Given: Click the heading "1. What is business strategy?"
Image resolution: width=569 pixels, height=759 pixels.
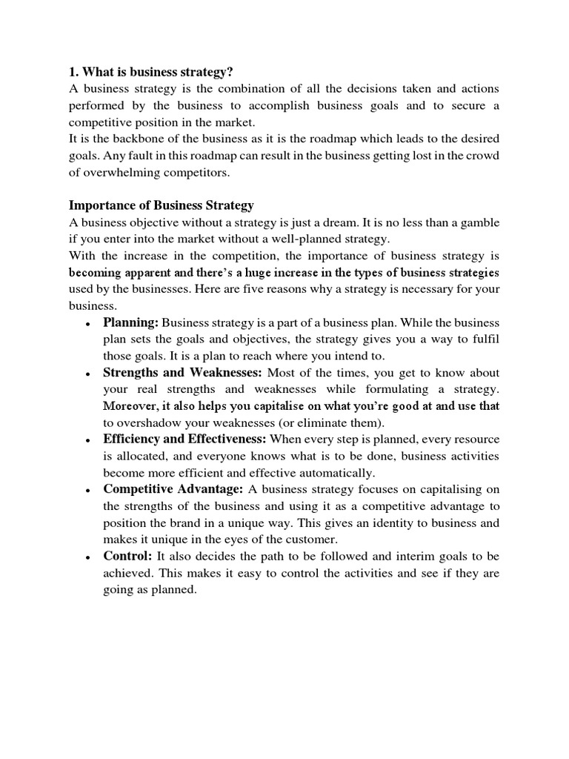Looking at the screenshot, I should pyautogui.click(x=150, y=72).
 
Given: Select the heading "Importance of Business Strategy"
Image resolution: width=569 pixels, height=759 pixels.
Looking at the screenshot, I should pyautogui.click(x=162, y=205).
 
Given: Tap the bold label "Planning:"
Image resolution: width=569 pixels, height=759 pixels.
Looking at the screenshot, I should pyautogui.click(x=131, y=322).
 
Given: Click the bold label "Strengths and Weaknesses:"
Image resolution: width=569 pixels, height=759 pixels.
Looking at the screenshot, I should pyautogui.click(x=182, y=372).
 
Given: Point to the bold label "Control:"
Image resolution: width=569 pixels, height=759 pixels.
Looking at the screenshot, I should pyautogui.click(x=128, y=555).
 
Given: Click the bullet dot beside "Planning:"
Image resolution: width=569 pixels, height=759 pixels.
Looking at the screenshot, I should pyautogui.click(x=88, y=324).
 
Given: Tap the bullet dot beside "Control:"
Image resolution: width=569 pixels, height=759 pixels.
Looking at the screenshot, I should pyautogui.click(x=88, y=557).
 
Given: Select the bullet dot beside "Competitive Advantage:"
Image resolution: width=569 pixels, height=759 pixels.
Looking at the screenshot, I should pyautogui.click(x=88, y=490).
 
